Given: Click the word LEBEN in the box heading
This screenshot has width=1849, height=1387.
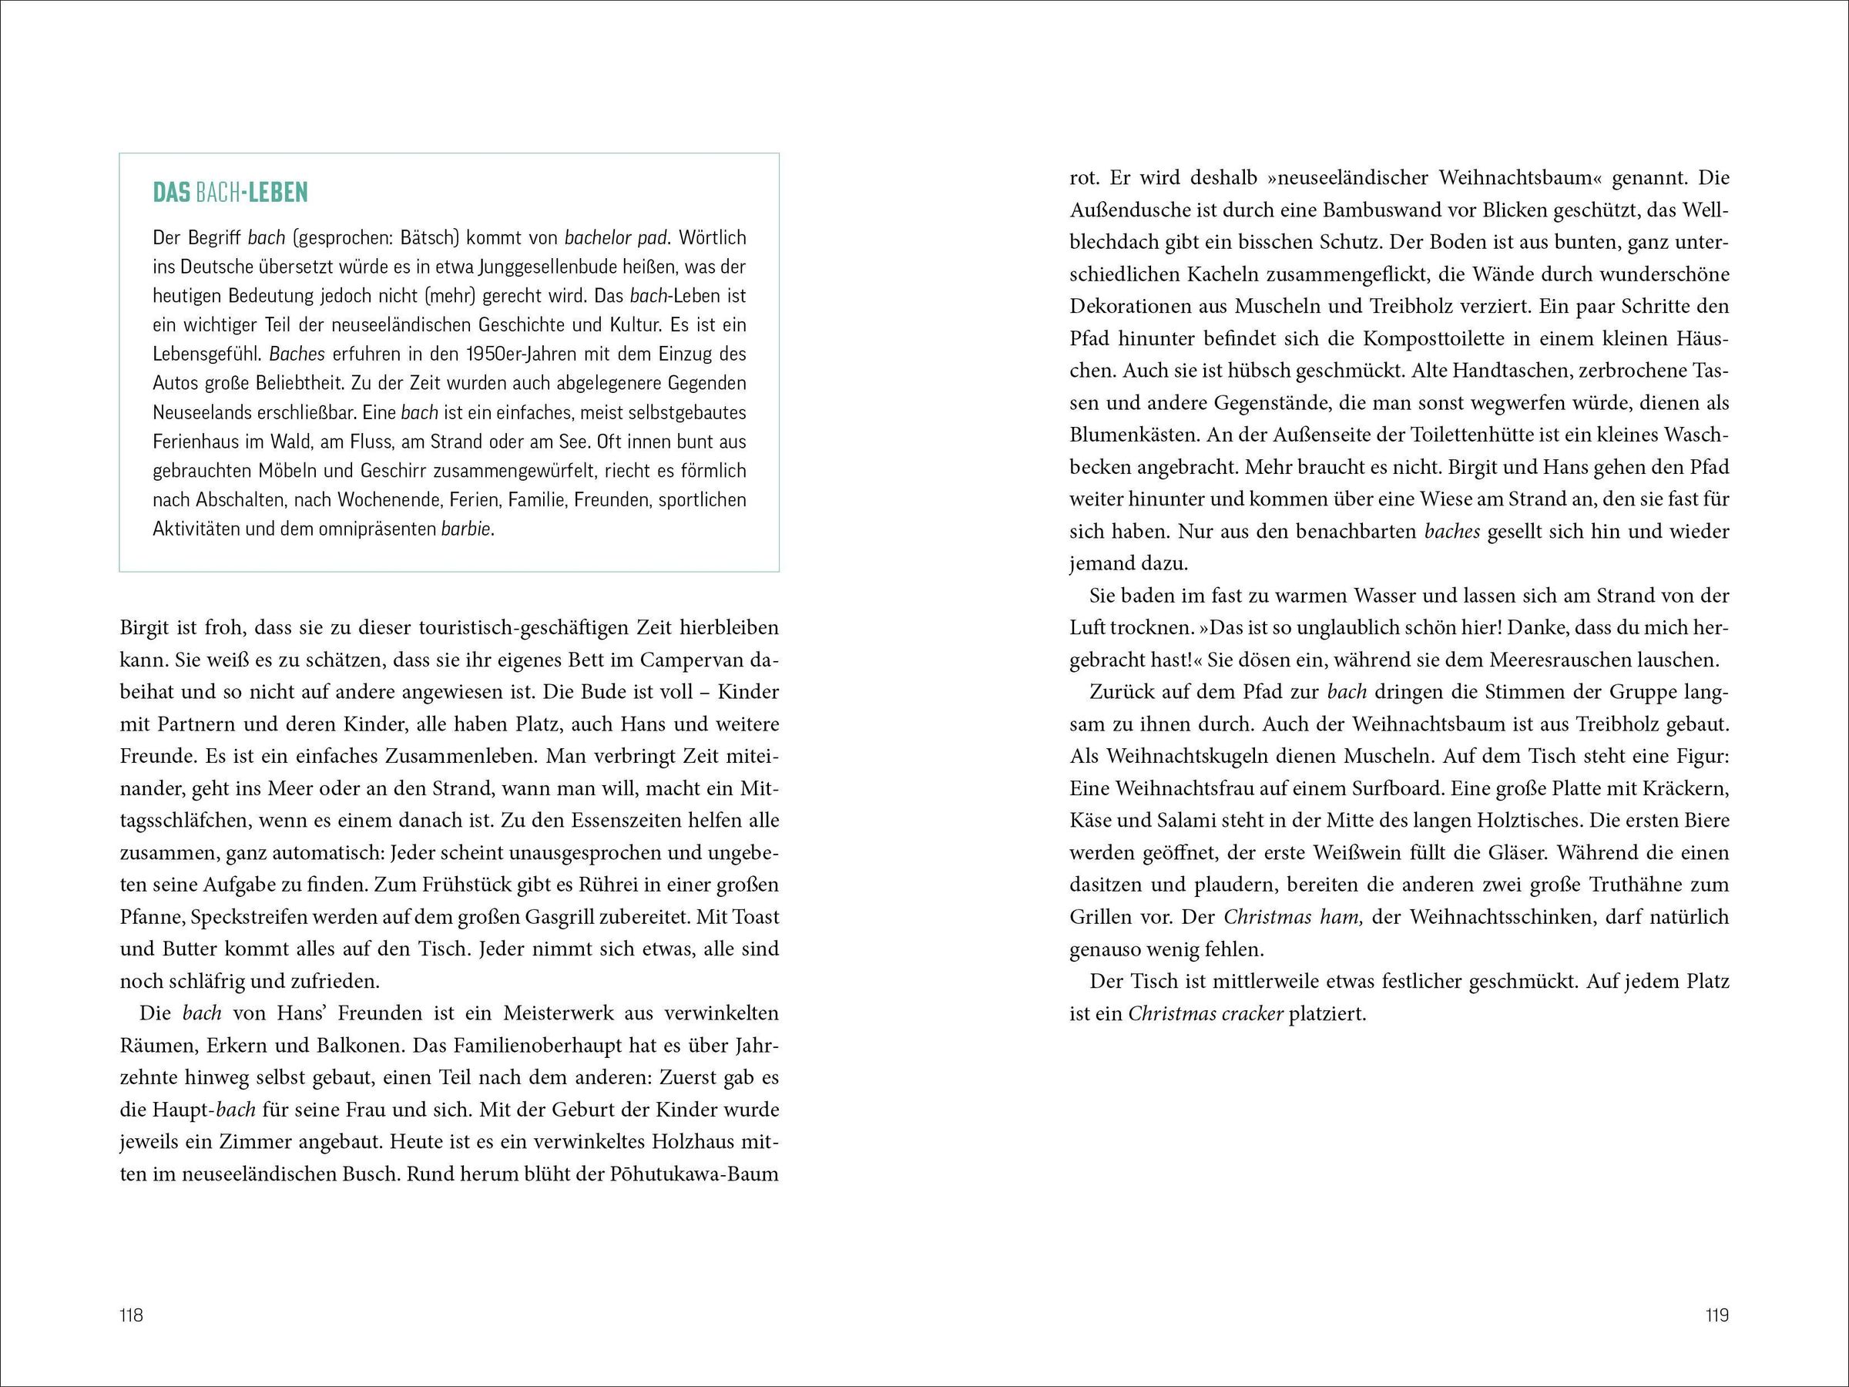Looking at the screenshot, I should [x=279, y=193].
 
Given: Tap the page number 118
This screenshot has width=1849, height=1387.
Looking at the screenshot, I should [x=132, y=1315].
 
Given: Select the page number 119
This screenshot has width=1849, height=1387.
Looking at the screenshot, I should [x=1717, y=1315].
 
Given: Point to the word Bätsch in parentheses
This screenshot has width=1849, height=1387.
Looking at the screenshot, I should [x=430, y=238].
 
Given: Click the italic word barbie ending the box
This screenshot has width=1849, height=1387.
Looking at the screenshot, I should [x=466, y=529].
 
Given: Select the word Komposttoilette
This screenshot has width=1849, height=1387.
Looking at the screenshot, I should [x=1437, y=338].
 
